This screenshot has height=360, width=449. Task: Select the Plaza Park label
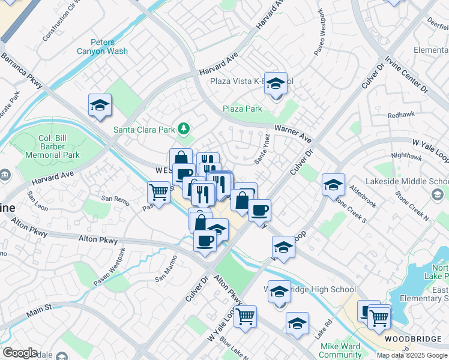point(243,109)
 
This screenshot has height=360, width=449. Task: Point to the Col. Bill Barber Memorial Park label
point(51,146)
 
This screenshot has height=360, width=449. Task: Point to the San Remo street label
point(115,198)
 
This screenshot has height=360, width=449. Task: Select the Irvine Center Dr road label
point(407,74)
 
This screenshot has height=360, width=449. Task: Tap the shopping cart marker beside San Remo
point(159,192)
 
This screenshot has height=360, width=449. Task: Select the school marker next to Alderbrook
point(333,185)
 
